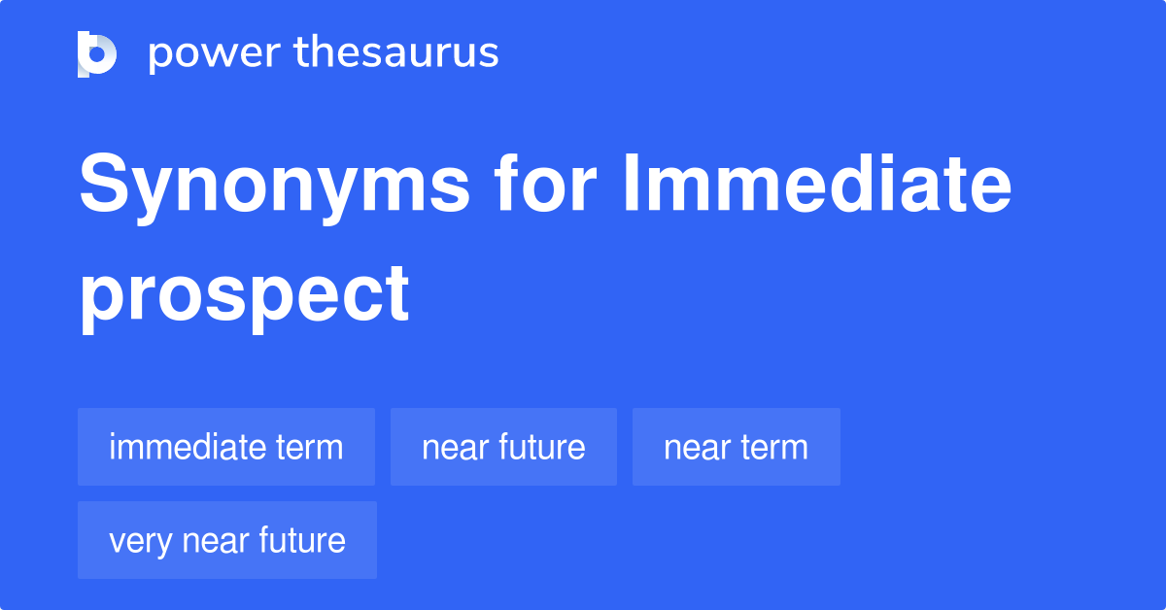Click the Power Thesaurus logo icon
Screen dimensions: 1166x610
pos(97,54)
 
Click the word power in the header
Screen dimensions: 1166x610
pos(215,54)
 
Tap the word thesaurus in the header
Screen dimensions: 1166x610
pos(396,51)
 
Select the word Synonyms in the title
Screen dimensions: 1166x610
pos(274,188)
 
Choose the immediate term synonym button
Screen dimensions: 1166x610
pos(226,447)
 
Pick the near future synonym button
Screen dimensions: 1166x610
pos(503,447)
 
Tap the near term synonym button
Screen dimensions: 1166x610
pos(737,447)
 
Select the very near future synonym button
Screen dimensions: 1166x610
pos(227,540)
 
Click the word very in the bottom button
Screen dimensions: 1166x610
pos(140,543)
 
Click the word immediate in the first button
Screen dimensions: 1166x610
pos(186,446)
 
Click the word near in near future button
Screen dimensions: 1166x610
pos(455,449)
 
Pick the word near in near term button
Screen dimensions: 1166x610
pos(697,449)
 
